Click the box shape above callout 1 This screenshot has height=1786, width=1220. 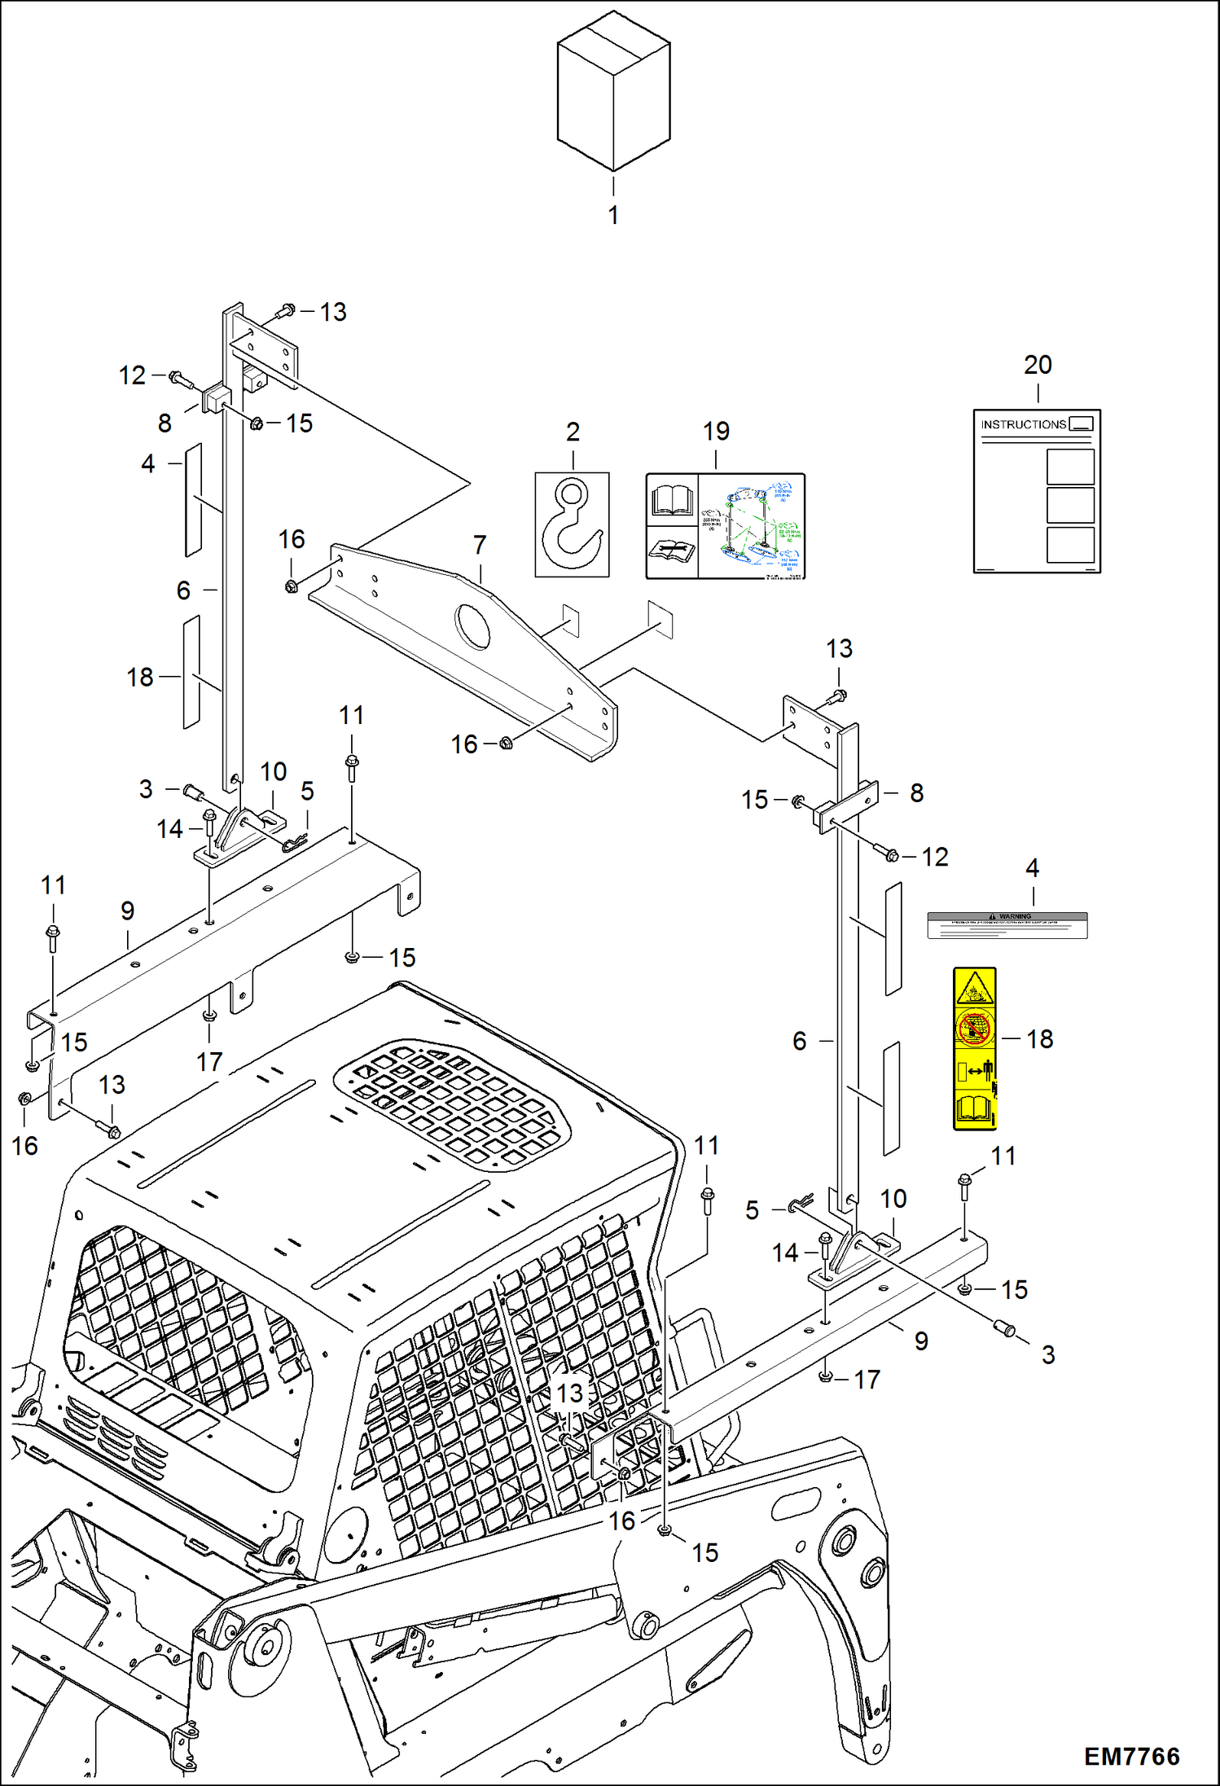(x=613, y=96)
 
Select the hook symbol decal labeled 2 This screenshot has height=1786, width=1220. (x=572, y=525)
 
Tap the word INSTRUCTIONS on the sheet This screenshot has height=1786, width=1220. (x=1023, y=424)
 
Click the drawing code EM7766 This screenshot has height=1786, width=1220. (x=1131, y=1756)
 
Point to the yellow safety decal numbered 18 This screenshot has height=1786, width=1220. (x=974, y=1048)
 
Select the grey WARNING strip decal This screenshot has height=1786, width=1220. (x=1007, y=925)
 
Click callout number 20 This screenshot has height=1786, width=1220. (x=1038, y=365)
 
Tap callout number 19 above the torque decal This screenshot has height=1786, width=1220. (x=716, y=432)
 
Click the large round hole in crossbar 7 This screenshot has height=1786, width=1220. (x=473, y=626)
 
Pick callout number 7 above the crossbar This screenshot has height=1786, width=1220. (x=480, y=544)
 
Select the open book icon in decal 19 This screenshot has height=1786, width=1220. (x=672, y=500)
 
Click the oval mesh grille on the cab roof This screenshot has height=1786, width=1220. (x=452, y=1105)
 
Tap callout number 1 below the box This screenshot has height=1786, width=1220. (x=613, y=215)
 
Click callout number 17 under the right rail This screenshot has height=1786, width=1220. (x=867, y=1380)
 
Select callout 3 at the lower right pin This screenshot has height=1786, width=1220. (x=1048, y=1354)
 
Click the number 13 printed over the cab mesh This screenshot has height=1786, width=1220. (x=570, y=1393)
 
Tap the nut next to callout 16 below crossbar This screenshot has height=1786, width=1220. (x=506, y=743)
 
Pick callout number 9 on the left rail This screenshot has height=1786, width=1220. (x=128, y=911)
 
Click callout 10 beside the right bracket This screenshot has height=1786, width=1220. (x=893, y=1199)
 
